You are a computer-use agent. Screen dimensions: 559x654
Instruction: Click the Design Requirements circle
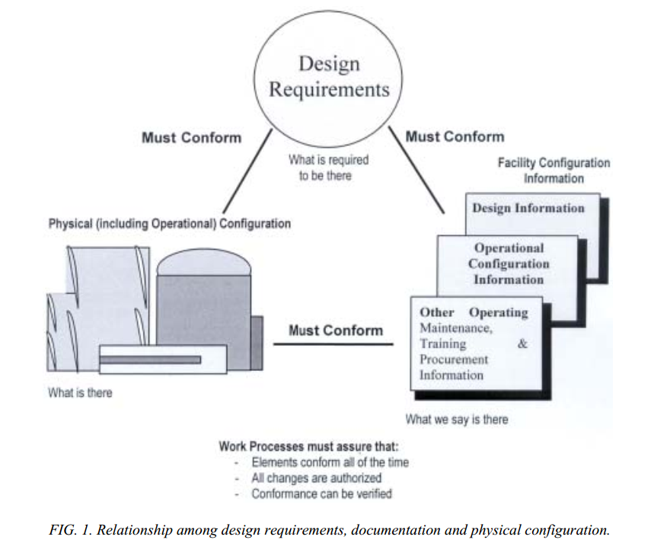(329, 77)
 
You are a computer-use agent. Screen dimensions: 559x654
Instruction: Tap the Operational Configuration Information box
(508, 264)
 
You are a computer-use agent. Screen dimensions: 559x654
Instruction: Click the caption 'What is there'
(79, 393)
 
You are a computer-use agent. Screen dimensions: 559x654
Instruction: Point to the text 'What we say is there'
(457, 419)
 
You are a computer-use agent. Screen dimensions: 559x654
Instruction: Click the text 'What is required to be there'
(328, 168)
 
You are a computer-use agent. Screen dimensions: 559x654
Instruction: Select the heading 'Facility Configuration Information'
(554, 171)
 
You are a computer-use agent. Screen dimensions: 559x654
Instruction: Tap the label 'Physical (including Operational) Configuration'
(169, 224)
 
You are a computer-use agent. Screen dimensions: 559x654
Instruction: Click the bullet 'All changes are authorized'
(316, 478)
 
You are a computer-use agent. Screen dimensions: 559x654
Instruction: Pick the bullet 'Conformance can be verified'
(321, 494)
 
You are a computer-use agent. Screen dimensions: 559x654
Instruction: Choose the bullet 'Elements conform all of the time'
(330, 462)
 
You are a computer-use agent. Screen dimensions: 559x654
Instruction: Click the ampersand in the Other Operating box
(522, 343)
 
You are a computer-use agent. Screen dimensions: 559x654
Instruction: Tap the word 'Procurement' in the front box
(453, 359)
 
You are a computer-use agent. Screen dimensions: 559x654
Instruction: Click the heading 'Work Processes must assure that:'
(308, 446)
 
